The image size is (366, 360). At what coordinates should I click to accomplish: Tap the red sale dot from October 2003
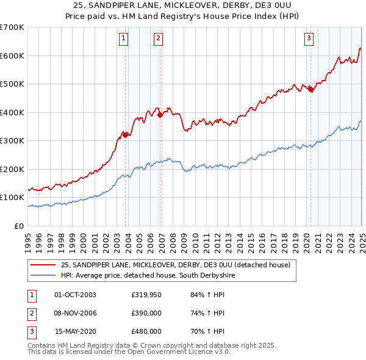[125, 135]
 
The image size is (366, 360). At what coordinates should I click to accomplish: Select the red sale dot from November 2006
[160, 115]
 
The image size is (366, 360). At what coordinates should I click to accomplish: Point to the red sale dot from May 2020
[310, 89]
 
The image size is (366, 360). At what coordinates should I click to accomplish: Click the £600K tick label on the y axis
[12, 56]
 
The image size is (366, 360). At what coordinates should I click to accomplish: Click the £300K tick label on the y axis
[12, 141]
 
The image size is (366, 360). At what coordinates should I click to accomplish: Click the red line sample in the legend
[42, 265]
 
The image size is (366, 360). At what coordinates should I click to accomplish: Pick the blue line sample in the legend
[42, 276]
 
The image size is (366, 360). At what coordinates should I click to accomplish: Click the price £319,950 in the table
[146, 295]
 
